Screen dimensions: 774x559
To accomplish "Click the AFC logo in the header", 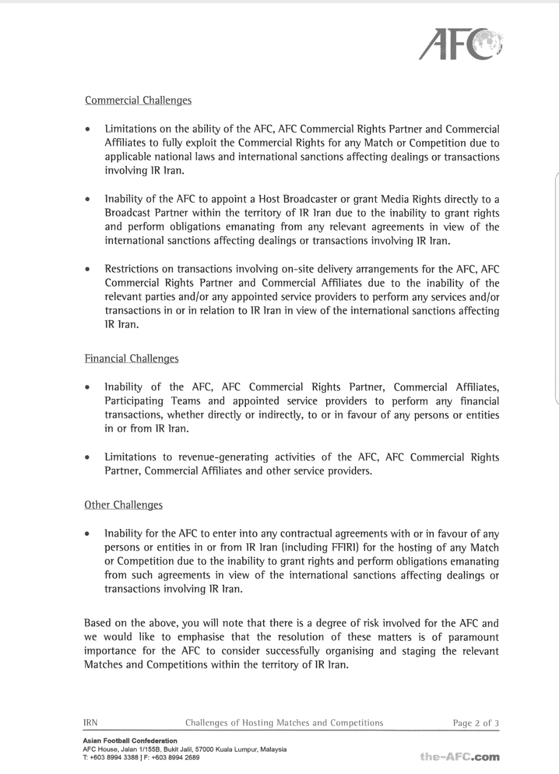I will coord(461,43).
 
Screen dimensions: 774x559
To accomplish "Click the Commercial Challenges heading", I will coord(138,100).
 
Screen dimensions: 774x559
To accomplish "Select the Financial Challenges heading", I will coord(132,358).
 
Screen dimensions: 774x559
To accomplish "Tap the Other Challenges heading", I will coord(123,505).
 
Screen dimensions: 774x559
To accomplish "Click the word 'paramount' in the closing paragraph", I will coord(472,637).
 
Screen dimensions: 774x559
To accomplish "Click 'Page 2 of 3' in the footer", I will coord(476,723).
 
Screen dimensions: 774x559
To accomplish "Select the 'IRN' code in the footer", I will coord(90,723).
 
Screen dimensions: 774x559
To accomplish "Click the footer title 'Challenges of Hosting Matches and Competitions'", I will coord(284,723).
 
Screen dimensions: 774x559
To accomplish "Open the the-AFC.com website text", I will coord(460,757).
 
